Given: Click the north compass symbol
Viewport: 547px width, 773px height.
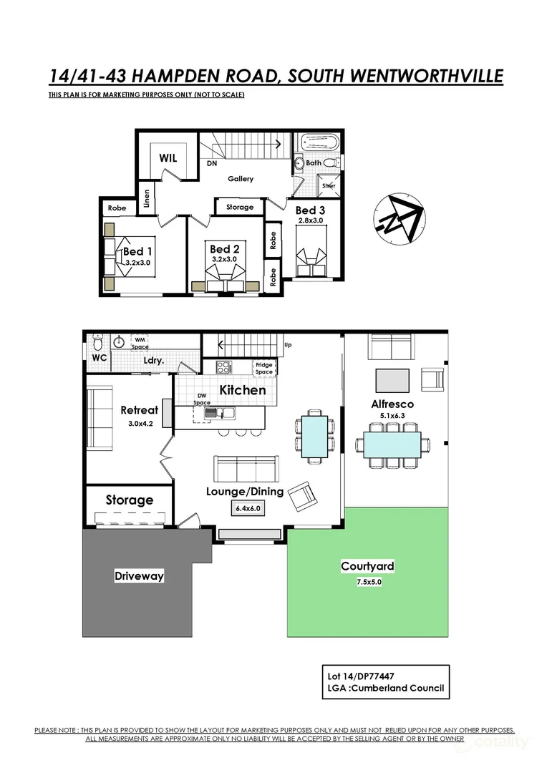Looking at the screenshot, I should tap(398, 219).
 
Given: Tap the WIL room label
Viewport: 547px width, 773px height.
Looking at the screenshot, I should tap(168, 157).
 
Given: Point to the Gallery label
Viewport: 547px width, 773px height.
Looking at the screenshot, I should tap(241, 179).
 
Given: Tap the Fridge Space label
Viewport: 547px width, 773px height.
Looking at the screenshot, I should tap(264, 369).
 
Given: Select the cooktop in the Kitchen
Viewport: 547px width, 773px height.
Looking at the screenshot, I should tap(224, 368).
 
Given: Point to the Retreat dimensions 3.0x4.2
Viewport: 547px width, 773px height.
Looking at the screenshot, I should tap(139, 424).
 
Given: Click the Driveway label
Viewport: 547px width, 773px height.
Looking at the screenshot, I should tap(139, 575).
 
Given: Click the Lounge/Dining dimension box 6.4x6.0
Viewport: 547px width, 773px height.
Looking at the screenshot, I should tap(246, 508).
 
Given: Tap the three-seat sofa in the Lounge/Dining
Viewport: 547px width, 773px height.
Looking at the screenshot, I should tap(246, 470).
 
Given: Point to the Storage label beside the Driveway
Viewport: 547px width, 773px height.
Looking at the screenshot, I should tap(130, 500).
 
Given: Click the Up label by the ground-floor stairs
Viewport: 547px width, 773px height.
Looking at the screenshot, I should tap(289, 344).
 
